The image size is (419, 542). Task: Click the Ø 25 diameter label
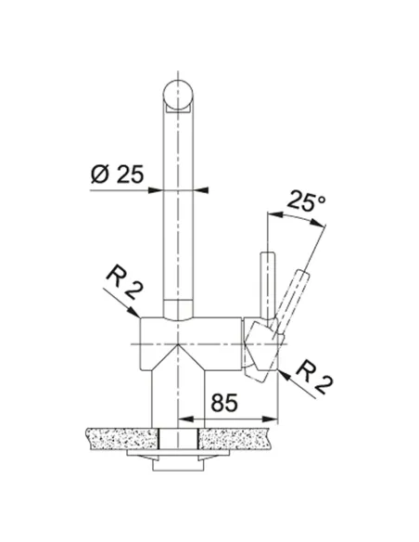117,174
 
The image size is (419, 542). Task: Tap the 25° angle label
306,200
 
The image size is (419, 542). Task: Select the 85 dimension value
224,403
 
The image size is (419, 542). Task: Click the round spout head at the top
178,95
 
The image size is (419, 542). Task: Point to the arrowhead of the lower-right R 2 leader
283,374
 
